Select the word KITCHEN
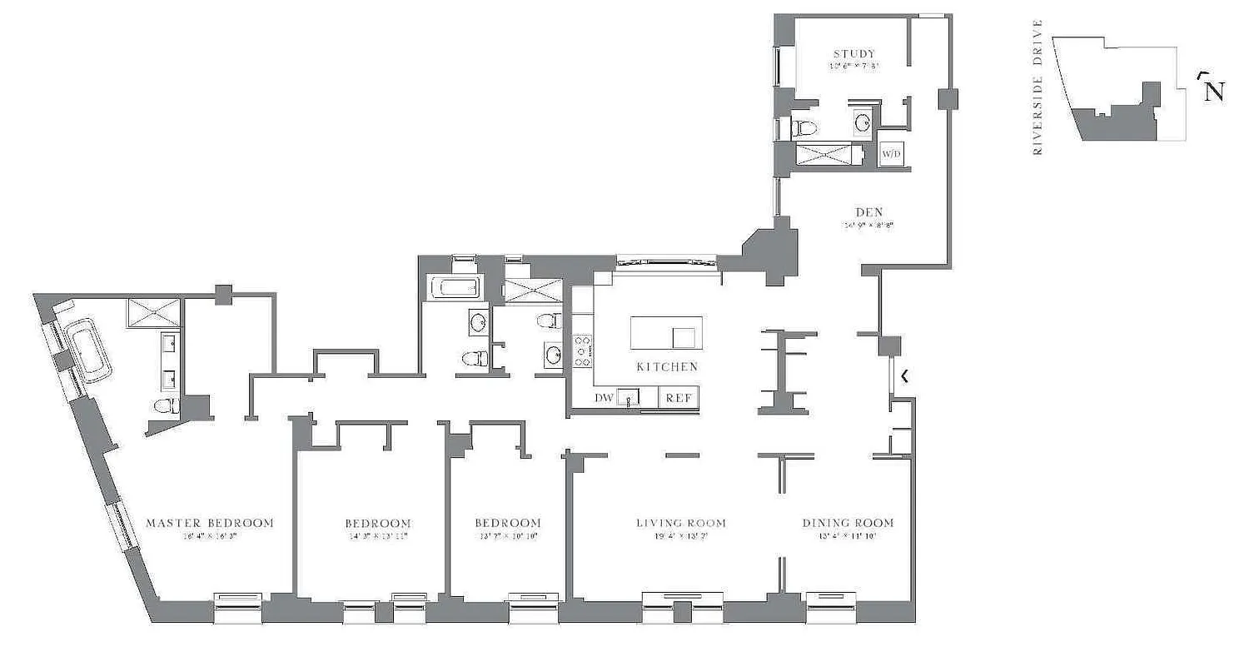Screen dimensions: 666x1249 (x=666, y=366)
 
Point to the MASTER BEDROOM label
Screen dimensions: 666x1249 (x=210, y=523)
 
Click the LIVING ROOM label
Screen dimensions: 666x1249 (x=680, y=523)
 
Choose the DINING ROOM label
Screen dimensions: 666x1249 (x=848, y=523)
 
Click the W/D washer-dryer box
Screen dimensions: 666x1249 (x=891, y=154)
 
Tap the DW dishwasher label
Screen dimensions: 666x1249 (x=604, y=398)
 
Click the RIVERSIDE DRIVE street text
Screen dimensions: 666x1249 (x=1038, y=87)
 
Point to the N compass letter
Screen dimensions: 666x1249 (x=1215, y=91)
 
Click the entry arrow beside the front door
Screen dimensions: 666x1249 (x=905, y=376)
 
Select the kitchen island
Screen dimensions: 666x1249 (x=666, y=333)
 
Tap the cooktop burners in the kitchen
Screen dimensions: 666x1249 (x=582, y=350)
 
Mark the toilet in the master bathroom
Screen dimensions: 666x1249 (x=167, y=406)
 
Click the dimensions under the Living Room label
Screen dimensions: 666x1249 (x=680, y=536)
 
